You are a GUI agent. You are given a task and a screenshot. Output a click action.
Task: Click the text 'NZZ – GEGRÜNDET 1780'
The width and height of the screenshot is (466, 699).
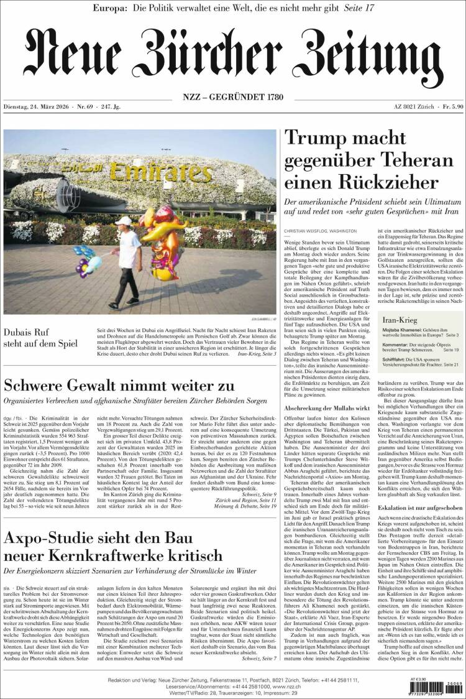232,97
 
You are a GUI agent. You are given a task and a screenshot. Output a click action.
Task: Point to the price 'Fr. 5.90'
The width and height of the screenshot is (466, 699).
447,108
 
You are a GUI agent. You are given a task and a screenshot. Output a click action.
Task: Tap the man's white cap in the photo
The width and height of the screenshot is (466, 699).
125,221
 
